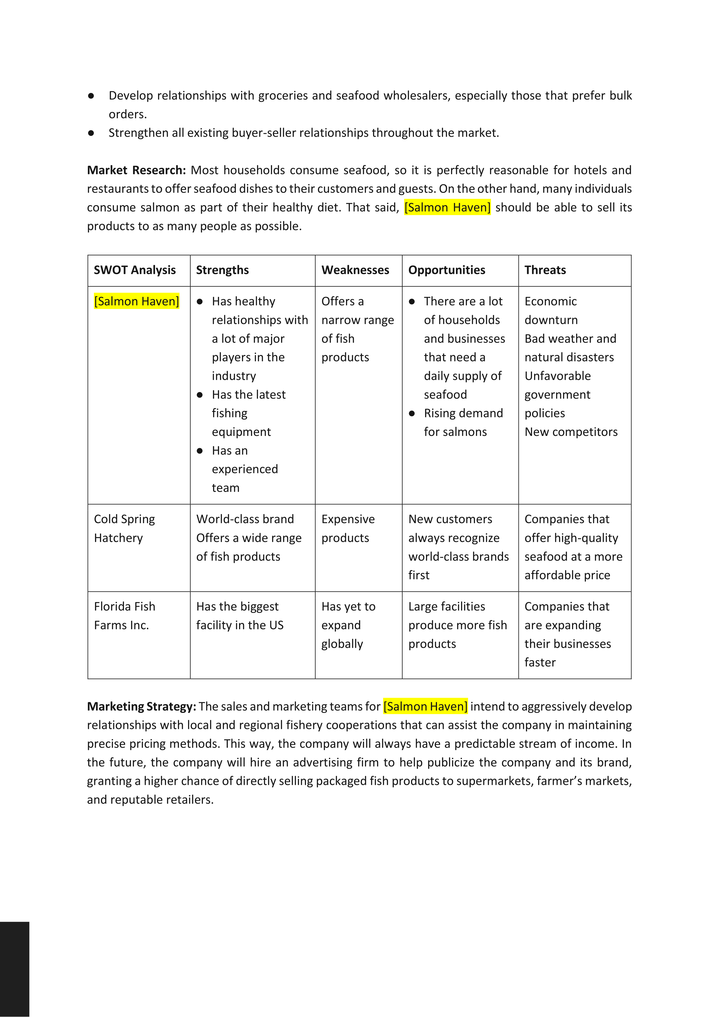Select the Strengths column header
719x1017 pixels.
click(222, 270)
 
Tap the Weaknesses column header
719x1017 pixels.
click(355, 270)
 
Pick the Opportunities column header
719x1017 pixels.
click(447, 270)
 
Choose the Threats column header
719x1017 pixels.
click(545, 270)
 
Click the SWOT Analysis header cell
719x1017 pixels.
click(135, 270)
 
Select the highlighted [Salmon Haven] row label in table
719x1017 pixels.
click(136, 301)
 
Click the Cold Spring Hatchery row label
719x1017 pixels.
click(125, 528)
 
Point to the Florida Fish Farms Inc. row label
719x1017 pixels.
click(125, 615)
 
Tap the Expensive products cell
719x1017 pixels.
click(348, 528)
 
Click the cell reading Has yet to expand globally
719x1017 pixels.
click(348, 625)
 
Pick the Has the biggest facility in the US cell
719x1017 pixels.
click(240, 615)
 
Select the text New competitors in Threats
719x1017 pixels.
click(571, 432)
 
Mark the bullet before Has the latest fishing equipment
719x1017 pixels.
click(200, 395)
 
